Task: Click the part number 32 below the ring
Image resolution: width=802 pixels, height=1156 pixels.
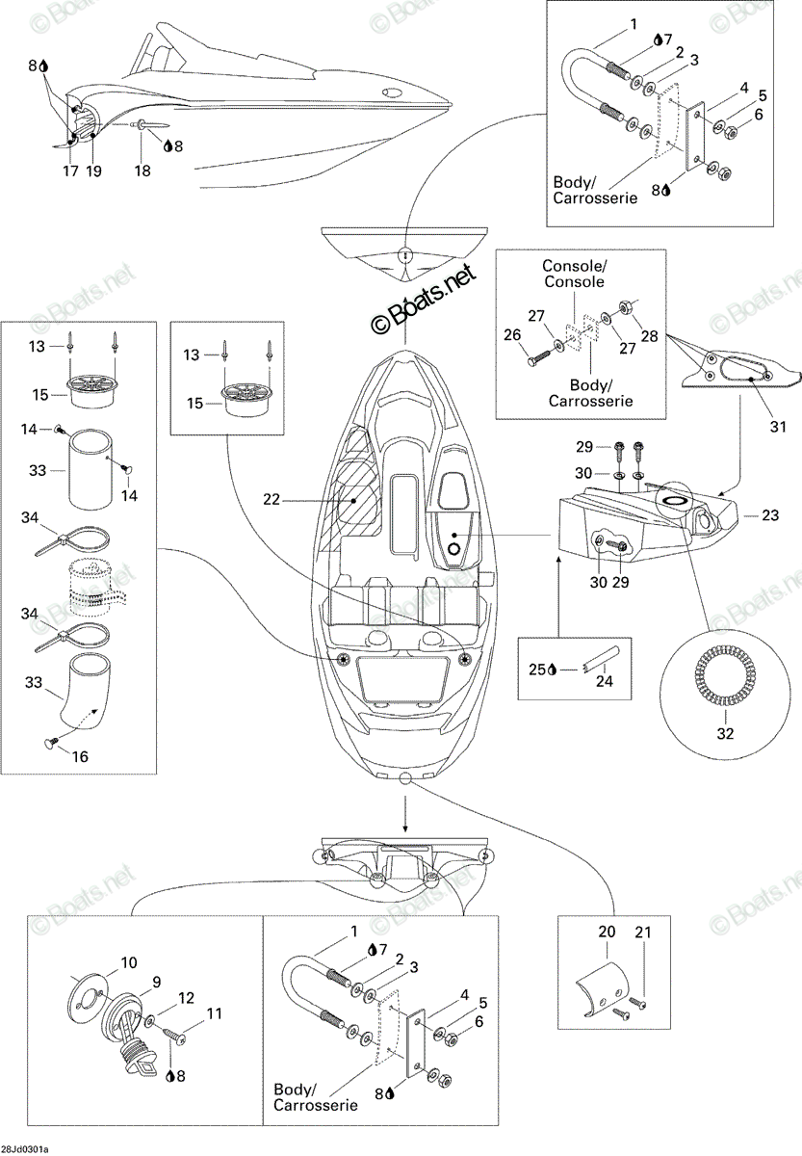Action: pos(725,734)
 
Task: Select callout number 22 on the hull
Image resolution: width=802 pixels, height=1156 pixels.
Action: pos(272,500)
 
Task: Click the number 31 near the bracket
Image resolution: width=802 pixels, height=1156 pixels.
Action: pos(778,427)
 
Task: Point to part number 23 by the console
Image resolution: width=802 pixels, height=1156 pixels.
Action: pos(770,515)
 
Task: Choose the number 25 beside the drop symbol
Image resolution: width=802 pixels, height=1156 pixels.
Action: pos(537,670)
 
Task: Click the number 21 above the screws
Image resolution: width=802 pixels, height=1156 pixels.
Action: pos(642,933)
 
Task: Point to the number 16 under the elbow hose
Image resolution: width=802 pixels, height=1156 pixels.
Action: pos(80,756)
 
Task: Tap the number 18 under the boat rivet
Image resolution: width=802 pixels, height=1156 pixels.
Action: pos(142,171)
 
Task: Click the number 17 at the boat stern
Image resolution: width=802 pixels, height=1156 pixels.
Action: pos(70,171)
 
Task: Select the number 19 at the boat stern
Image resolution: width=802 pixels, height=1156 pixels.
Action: pos(93,171)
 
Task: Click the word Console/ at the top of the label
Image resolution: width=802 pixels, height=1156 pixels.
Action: pos(575,266)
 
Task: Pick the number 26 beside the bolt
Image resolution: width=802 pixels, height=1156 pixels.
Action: pos(512,335)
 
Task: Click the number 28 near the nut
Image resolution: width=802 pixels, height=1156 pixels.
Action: pos(649,336)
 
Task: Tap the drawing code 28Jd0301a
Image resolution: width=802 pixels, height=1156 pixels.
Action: pos(25,1149)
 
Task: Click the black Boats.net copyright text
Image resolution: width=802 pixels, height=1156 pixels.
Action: pos(423,300)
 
